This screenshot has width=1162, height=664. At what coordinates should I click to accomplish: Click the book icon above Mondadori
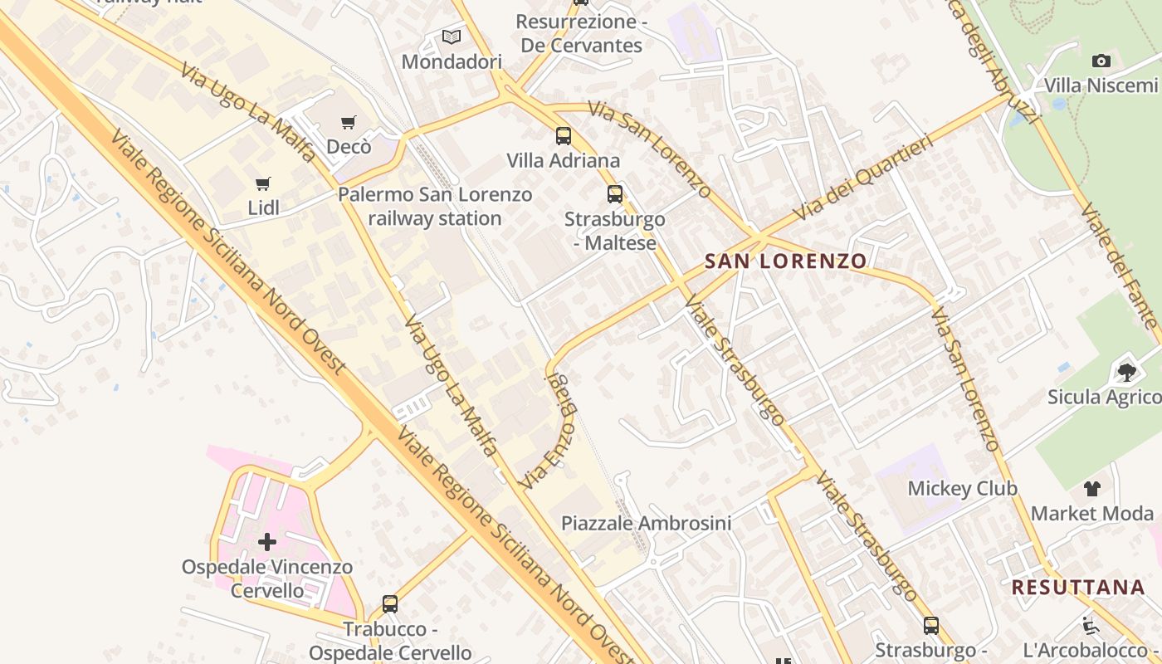(451, 37)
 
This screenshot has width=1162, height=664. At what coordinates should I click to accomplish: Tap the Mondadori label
(452, 62)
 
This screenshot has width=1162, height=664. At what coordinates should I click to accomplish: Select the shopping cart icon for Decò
(349, 123)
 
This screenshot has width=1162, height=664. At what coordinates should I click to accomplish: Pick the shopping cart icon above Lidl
(263, 183)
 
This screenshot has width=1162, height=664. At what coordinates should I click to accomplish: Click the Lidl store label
(264, 208)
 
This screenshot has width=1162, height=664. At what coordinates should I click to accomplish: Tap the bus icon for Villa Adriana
(564, 135)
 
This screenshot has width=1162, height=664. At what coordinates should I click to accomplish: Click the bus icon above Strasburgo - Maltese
(615, 194)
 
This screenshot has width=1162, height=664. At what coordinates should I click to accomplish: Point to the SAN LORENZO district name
(785, 261)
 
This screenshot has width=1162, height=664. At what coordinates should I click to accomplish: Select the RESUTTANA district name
(1077, 588)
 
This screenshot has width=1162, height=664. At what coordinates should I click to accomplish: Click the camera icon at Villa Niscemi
(1101, 61)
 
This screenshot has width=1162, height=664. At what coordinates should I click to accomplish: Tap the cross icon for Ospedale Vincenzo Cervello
(267, 542)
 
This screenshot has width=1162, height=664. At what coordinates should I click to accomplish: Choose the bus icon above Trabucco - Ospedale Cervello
(390, 604)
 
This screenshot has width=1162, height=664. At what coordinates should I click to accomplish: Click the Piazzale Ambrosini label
(646, 523)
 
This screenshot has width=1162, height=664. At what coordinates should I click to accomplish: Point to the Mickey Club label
(962, 488)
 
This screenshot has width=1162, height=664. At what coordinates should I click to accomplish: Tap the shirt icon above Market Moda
(1092, 489)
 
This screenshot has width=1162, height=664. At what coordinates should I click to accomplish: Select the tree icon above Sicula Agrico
(1126, 372)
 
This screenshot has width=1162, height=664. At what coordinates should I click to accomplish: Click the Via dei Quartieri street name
(863, 176)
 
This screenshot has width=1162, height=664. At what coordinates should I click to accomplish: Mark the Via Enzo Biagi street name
(548, 430)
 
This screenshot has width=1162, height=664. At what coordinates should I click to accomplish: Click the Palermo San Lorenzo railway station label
(435, 207)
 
